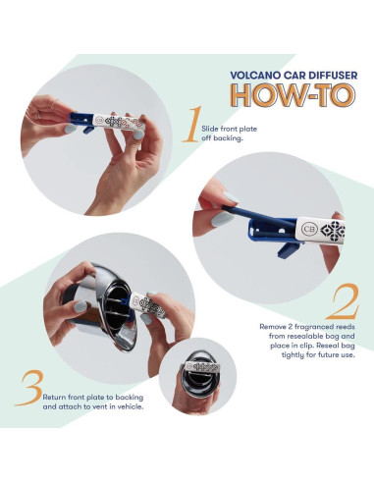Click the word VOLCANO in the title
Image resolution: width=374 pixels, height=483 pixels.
251,75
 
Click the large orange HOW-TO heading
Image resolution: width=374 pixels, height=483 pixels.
293,95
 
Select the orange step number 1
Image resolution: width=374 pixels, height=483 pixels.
193,125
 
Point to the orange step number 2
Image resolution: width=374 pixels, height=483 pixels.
343,301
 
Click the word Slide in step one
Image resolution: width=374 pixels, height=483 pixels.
209,129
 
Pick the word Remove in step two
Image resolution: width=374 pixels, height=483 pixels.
272,327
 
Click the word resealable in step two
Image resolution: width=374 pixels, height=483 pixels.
308,336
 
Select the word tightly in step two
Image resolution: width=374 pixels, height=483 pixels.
293,355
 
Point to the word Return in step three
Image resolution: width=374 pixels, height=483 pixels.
54,398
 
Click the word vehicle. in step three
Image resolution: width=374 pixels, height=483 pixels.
131,407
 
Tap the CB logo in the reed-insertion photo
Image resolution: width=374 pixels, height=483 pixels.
309,229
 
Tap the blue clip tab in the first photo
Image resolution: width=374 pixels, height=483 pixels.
87,129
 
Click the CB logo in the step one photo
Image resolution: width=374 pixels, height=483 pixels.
99,120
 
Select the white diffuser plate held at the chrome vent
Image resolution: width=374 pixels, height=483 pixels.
148,305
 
